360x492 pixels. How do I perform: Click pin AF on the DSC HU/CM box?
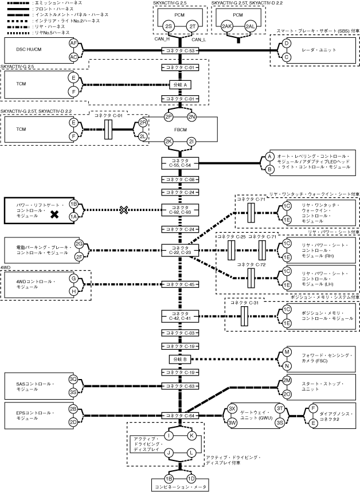pyautogui.click(x=73, y=44)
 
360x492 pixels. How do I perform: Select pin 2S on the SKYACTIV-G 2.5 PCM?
pyautogui.click(x=168, y=26)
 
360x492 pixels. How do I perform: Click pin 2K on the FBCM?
pyautogui.click(x=169, y=141)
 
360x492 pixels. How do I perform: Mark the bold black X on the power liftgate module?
pyautogui.click(x=54, y=214)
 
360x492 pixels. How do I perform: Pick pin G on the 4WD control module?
pyautogui.click(x=73, y=278)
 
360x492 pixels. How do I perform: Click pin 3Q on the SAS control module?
pyautogui.click(x=73, y=379)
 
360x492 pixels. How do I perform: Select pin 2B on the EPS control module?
pyautogui.click(x=73, y=409)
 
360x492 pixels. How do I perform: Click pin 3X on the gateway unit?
pyautogui.click(x=232, y=408)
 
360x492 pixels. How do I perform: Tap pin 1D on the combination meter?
pyautogui.click(x=191, y=478)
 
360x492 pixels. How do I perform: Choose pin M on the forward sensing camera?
pyautogui.click(x=287, y=352)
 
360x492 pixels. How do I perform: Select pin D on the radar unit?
pyautogui.click(x=287, y=44)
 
